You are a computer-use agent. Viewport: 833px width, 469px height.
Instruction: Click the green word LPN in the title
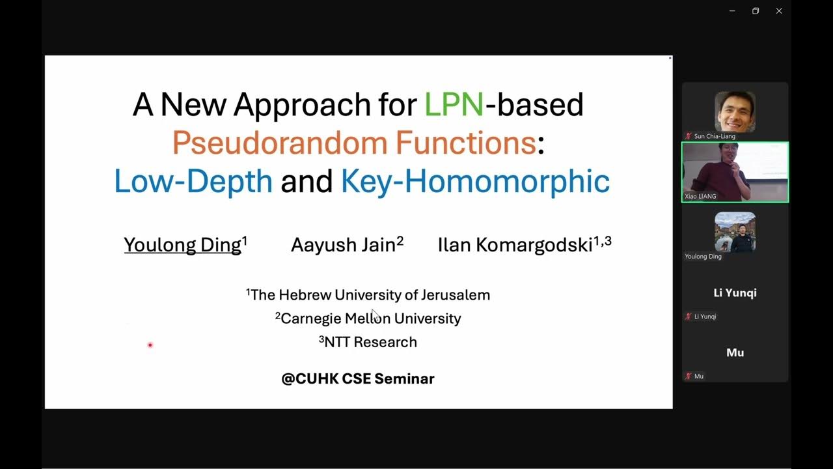click(x=454, y=104)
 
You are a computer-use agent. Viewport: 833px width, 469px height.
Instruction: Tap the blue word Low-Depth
click(x=193, y=181)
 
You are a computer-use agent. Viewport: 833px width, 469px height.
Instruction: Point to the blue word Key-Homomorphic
click(x=475, y=181)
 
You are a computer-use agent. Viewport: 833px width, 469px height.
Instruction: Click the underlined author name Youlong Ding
click(x=183, y=245)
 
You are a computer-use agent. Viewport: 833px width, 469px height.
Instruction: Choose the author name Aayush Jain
click(x=344, y=245)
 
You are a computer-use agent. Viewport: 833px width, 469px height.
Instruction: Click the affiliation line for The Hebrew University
click(x=368, y=295)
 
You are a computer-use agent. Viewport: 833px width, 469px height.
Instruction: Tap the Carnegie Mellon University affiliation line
click(x=368, y=319)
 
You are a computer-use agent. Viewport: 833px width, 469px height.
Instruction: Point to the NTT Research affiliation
click(x=368, y=342)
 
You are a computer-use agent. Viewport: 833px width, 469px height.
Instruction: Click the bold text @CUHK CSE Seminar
click(x=357, y=378)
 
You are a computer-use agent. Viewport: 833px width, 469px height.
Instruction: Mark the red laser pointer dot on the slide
click(x=150, y=345)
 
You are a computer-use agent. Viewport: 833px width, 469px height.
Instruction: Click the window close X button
click(x=779, y=11)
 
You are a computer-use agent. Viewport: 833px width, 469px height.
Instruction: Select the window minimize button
click(x=732, y=11)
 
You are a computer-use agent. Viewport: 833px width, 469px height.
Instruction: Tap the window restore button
click(x=756, y=11)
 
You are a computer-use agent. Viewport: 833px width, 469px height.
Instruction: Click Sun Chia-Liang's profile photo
click(x=735, y=111)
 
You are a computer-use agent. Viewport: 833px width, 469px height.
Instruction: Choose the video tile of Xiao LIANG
click(x=735, y=172)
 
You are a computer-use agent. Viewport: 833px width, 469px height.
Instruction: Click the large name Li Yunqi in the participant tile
click(x=735, y=292)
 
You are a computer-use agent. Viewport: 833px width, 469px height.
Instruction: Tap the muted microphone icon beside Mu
click(x=688, y=377)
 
